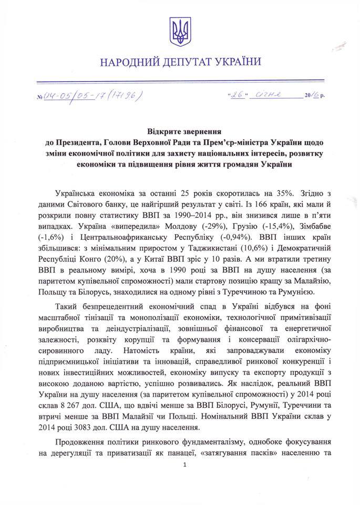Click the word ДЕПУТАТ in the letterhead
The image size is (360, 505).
178,63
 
